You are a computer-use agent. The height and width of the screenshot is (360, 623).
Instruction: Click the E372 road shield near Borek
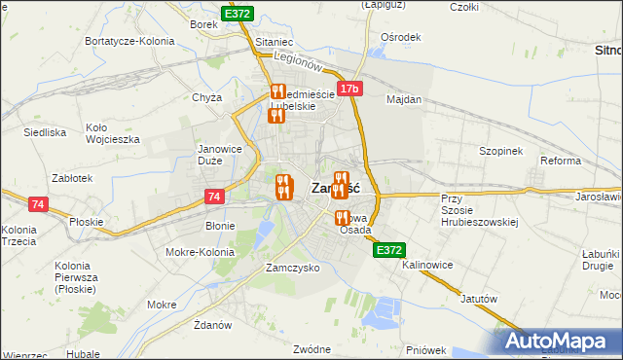(238, 14)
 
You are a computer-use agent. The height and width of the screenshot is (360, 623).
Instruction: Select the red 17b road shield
(350, 90)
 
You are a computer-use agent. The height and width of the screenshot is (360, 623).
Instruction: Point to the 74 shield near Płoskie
(38, 204)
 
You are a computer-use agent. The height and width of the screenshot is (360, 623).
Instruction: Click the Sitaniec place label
(274, 44)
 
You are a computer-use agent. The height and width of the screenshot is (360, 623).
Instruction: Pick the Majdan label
(404, 100)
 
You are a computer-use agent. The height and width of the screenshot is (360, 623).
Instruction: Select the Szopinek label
(501, 152)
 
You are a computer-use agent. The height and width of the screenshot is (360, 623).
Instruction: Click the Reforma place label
(561, 161)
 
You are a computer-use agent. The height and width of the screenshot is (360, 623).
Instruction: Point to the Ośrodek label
(401, 37)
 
